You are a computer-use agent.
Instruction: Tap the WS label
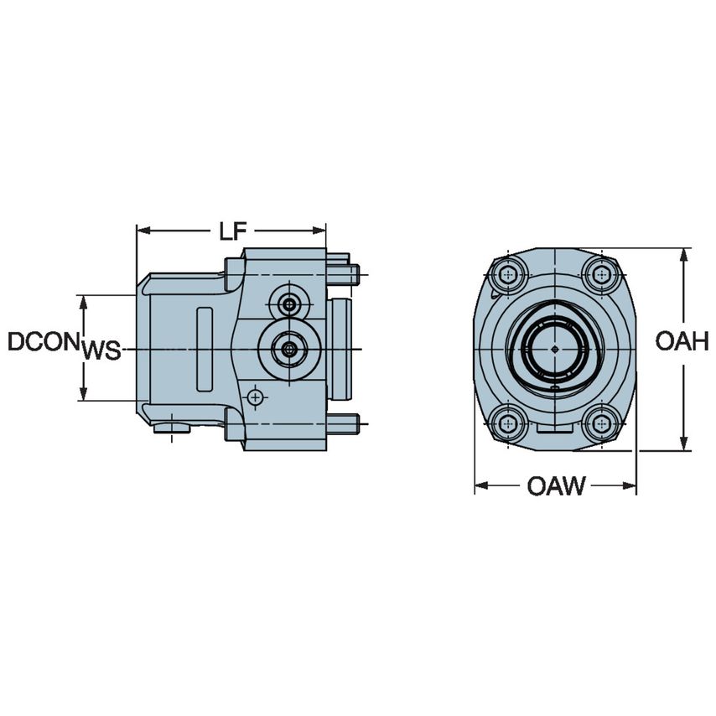pyautogui.click(x=101, y=350)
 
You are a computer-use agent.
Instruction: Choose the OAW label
pyautogui.click(x=556, y=485)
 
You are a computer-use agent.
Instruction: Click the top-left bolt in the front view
pyautogui.click(x=509, y=273)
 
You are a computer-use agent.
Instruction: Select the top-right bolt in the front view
pyautogui.click(x=600, y=273)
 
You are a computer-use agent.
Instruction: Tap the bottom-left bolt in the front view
pyautogui.click(x=509, y=423)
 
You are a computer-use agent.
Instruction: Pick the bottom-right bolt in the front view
pyautogui.click(x=600, y=423)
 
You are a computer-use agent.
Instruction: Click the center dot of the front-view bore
pyautogui.click(x=554, y=348)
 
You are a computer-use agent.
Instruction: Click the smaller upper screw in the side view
pyautogui.click(x=289, y=304)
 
